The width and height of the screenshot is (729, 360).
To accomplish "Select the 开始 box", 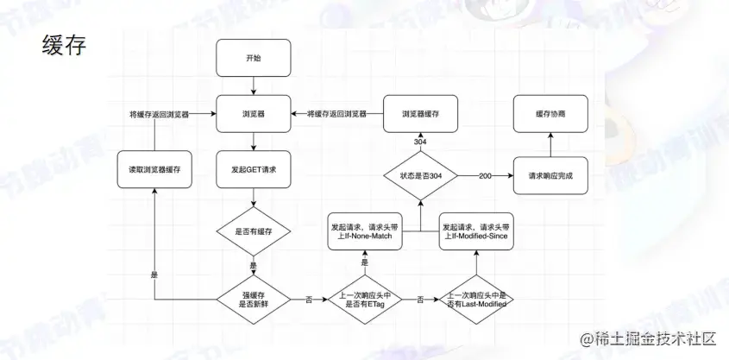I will (251, 58).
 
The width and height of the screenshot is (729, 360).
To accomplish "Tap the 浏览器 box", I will (251, 114).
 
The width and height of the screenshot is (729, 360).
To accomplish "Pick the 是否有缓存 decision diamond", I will (252, 232).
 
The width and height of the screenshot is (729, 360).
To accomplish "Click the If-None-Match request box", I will (365, 232).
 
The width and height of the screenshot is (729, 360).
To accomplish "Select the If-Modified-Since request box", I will (476, 232).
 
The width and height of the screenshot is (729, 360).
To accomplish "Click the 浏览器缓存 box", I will (420, 114).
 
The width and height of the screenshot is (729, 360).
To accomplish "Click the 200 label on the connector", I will (485, 175).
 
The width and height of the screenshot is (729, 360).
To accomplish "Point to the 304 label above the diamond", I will (420, 142).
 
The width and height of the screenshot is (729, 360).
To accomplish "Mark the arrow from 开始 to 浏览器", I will (251, 85).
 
